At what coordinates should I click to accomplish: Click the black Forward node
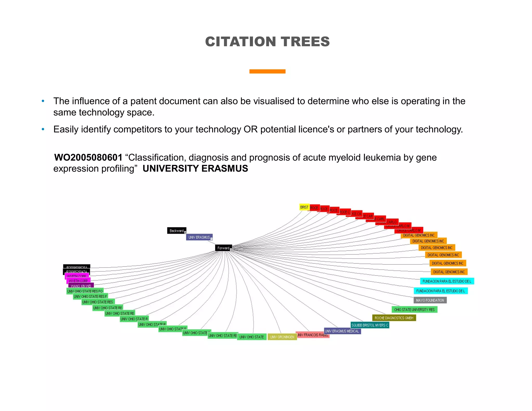pos(223,248)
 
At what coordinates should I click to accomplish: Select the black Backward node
pos(176,231)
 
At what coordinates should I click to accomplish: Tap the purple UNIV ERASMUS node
pos(199,237)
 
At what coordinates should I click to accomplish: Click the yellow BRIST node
pos(304,207)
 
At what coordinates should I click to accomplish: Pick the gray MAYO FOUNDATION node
pos(430,300)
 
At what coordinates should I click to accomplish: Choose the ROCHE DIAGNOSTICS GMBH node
pos(394,318)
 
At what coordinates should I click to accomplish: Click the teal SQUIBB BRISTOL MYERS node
pos(370,325)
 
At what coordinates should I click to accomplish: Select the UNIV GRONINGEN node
pos(282,337)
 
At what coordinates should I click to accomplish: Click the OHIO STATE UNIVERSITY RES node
pos(414,310)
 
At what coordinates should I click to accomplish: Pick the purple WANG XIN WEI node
pos(81,286)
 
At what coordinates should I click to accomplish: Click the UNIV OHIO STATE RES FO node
pos(85,291)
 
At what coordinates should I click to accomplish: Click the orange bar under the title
pos(267,71)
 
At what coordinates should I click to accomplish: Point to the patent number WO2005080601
pos(88,157)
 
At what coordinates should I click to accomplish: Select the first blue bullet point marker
pos(43,101)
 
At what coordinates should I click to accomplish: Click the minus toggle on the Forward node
pos(231,250)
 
